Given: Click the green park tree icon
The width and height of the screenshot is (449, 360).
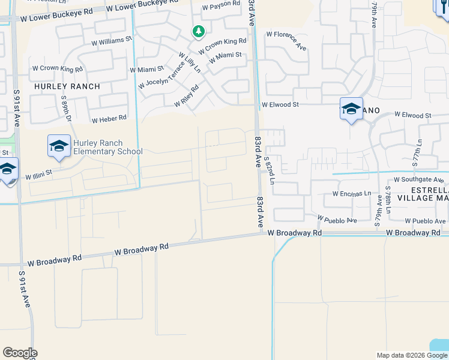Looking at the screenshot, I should click(198, 31).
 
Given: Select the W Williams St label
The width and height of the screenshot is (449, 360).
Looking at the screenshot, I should click(112, 41).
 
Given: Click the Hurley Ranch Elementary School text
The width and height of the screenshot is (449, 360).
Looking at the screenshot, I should click(107, 148).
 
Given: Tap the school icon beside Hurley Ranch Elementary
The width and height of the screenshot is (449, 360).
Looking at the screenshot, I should click(59, 146).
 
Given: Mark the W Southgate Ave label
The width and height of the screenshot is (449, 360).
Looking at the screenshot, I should click(421, 179).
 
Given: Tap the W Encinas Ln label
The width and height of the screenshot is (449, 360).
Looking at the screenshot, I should click(352, 194).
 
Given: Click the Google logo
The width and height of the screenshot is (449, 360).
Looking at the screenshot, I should click(20, 353).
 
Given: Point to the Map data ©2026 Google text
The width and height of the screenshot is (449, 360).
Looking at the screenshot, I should click(412, 355).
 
